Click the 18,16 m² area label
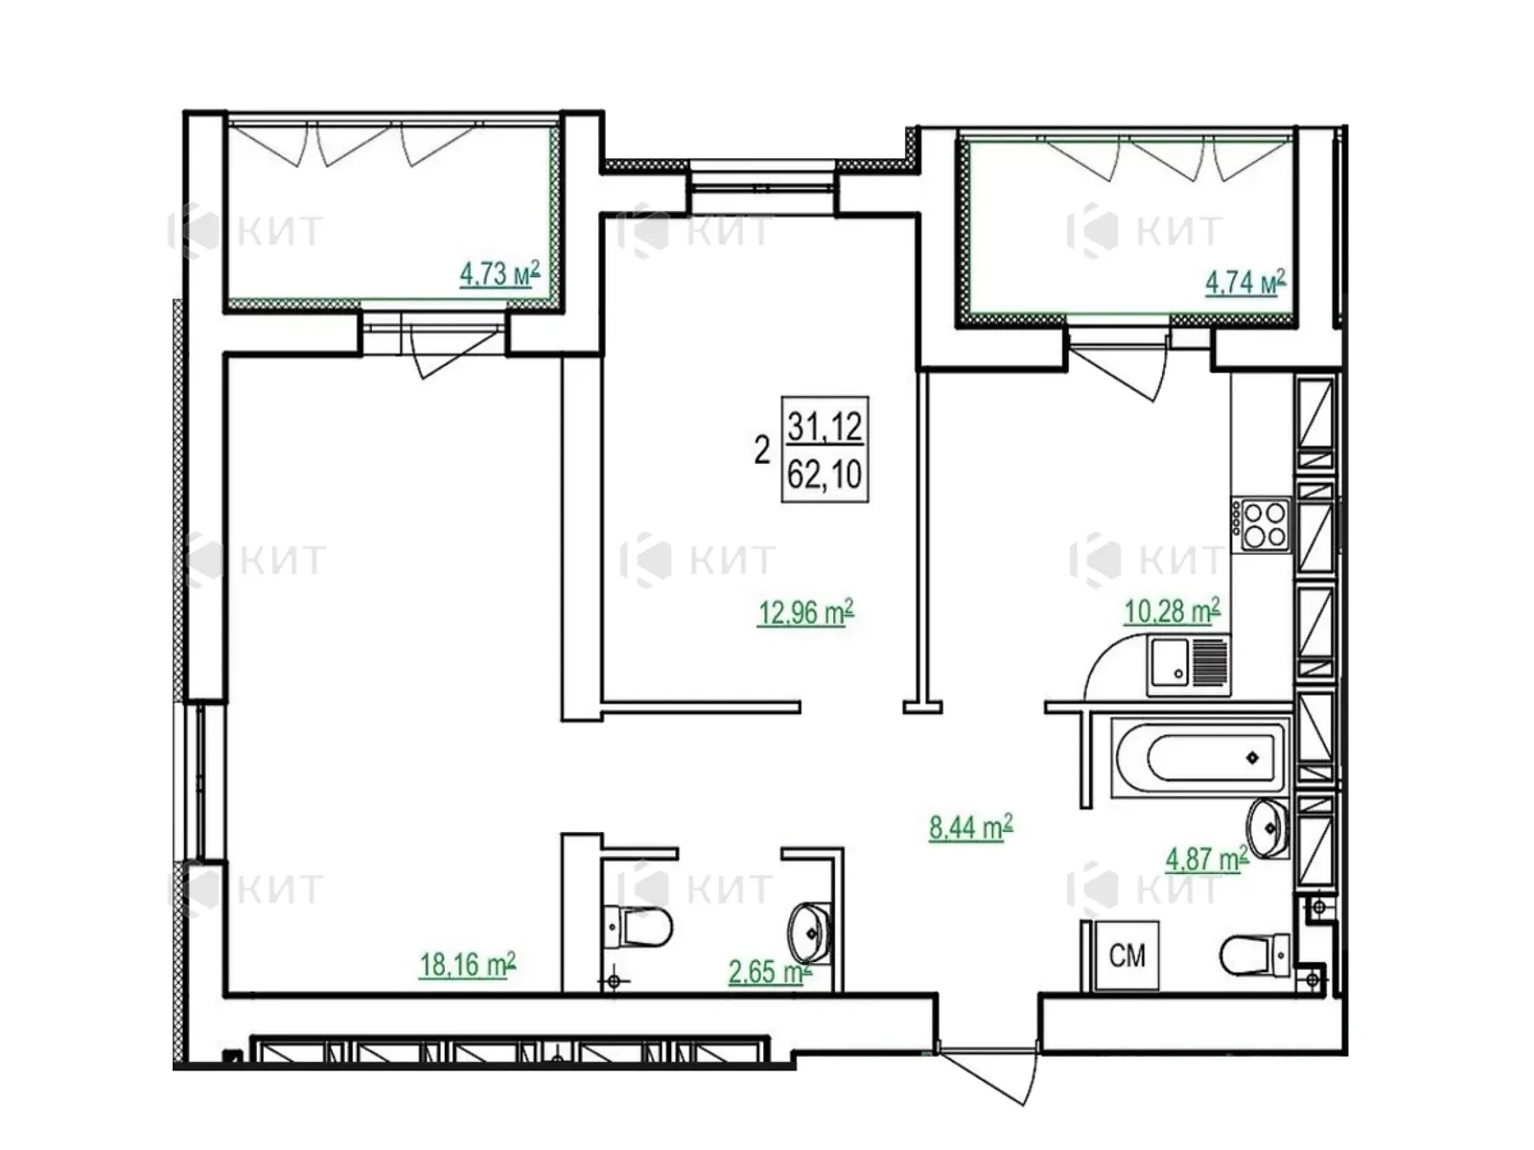click(x=468, y=965)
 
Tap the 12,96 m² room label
click(x=805, y=612)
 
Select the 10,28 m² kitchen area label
click(x=1172, y=610)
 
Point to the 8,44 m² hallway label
click(x=970, y=827)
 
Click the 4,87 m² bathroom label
click(x=1207, y=858)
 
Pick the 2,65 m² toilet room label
click(x=770, y=971)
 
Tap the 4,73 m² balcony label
click(x=500, y=274)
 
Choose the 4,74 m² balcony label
click(x=1245, y=282)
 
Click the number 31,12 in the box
click(x=825, y=425)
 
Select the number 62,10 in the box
click(x=825, y=474)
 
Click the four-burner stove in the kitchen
click(x=1261, y=526)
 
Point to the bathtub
click(x=1197, y=758)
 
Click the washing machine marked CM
click(x=1127, y=955)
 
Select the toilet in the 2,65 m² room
click(x=637, y=928)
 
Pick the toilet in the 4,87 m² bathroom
click(x=1254, y=954)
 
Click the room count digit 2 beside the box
click(x=762, y=450)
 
